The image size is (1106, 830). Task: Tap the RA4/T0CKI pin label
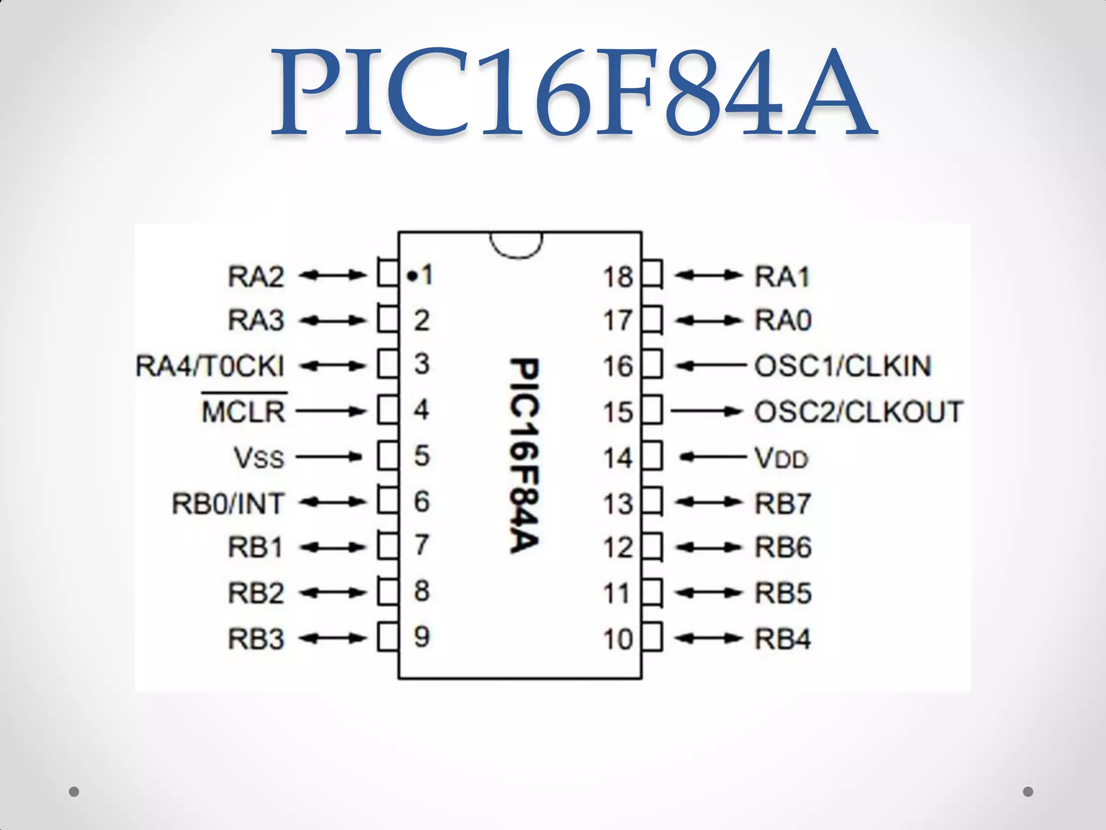[210, 366]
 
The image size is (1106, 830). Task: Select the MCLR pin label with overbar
[244, 412]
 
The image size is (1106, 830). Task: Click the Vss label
[259, 458]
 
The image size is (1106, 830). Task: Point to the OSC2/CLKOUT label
[859, 412]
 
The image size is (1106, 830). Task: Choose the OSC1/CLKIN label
[843, 366]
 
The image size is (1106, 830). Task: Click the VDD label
[781, 459]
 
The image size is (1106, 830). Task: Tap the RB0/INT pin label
[227, 504]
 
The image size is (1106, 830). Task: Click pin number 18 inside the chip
[618, 277]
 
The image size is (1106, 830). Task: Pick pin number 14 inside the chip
[618, 459]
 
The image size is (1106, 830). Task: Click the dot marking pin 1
[413, 277]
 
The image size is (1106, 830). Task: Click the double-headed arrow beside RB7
[707, 503]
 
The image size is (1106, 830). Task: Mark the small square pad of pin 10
[652, 638]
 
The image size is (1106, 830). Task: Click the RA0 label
[783, 321]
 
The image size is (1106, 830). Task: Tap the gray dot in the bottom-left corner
[75, 792]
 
